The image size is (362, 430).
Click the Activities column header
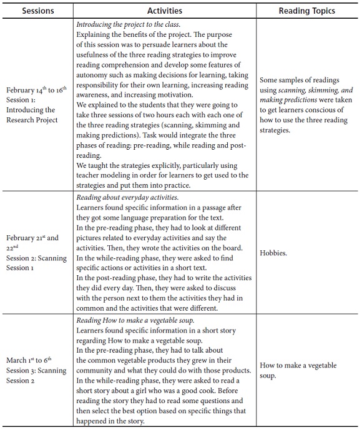[x=165, y=11]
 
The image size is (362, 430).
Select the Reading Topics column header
[x=306, y=11]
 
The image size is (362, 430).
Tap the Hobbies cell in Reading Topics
[x=273, y=253]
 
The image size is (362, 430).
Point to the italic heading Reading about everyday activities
[x=127, y=197]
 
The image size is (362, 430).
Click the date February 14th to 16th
[x=36, y=90]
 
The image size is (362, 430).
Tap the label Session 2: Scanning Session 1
[x=36, y=263]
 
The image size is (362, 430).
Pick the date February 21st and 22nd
[x=32, y=243]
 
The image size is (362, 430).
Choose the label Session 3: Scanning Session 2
[x=36, y=376]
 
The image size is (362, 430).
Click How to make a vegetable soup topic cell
[x=298, y=370]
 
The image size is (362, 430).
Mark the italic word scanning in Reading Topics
[x=291, y=90]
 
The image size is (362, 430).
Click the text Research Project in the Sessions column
[x=32, y=120]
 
